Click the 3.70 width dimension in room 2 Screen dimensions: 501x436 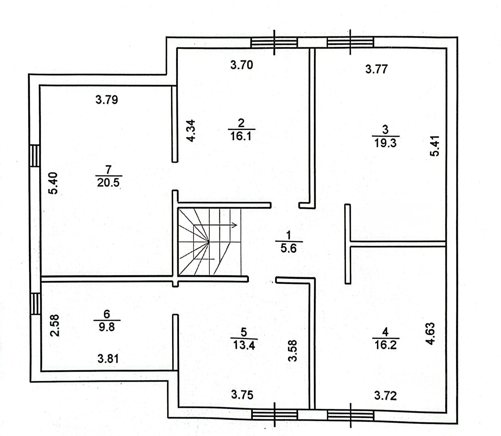[242, 65]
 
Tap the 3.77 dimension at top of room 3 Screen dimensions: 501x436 [376, 69]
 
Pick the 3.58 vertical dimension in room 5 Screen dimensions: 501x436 [294, 350]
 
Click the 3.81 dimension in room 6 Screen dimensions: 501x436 [108, 358]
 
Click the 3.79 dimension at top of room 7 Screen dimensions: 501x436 [107, 99]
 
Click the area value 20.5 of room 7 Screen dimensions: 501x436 [109, 183]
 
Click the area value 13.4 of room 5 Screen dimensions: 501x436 [244, 345]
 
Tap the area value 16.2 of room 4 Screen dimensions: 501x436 [385, 346]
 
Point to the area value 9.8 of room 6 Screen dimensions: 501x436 [106, 326]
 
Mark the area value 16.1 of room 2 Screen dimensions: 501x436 [242, 136]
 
